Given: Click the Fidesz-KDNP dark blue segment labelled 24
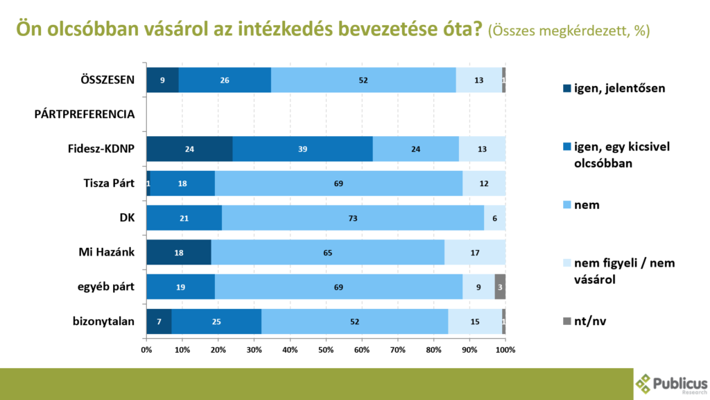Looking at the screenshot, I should point(189,149).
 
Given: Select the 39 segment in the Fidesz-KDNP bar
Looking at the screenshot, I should point(302,149).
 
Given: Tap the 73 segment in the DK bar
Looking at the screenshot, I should point(352,218).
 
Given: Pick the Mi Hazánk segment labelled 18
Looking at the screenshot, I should point(178,253).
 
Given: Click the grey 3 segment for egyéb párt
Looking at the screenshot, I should point(500,287).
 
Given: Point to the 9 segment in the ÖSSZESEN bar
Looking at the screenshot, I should point(162,80).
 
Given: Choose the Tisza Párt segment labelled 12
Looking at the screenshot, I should point(484,184).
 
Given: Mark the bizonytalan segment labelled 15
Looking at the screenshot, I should point(474,322).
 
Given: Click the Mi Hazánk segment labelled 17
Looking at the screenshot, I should point(475,253).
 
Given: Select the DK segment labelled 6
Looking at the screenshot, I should point(494,218).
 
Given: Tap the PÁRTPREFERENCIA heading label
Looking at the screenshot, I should point(84,115).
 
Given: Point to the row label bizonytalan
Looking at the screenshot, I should point(103,322).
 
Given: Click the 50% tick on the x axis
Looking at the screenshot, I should point(326,349).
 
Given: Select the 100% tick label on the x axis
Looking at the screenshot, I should point(505,349).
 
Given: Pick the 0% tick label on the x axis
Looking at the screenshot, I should point(146,349).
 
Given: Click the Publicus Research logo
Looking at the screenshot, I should point(671,384).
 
